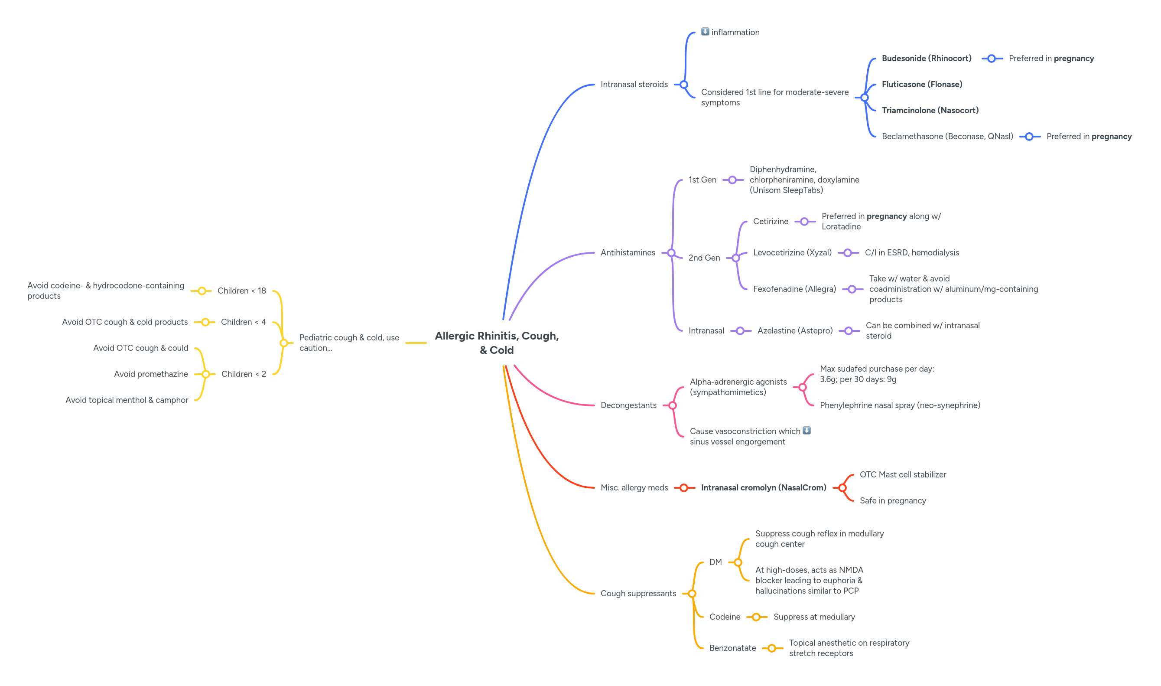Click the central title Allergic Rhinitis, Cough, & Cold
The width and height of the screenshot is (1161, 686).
pos(496,343)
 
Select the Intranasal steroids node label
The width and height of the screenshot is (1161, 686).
pos(634,85)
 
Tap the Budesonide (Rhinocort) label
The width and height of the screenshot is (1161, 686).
pos(926,59)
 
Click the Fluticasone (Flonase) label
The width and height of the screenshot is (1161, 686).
pos(921,85)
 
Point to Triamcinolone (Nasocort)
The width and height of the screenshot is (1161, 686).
pos(930,111)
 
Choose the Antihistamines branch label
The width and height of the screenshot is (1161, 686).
pos(628,253)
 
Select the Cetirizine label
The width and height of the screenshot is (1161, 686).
pos(770,222)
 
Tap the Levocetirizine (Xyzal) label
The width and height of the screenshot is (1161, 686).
pos(792,253)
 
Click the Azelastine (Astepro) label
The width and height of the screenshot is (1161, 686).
pos(795,331)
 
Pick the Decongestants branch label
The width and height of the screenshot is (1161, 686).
pos(628,405)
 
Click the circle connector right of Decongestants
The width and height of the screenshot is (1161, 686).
pos(672,405)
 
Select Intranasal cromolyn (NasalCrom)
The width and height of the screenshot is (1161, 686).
pos(763,488)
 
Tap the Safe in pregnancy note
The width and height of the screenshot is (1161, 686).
pos(892,501)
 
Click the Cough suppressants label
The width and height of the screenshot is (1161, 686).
pos(637,594)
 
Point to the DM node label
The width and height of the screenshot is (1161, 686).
pos(715,562)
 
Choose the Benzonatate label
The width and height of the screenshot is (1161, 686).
pos(732,648)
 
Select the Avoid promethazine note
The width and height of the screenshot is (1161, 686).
pos(151,374)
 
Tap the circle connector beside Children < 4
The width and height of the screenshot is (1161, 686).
pos(205,322)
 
